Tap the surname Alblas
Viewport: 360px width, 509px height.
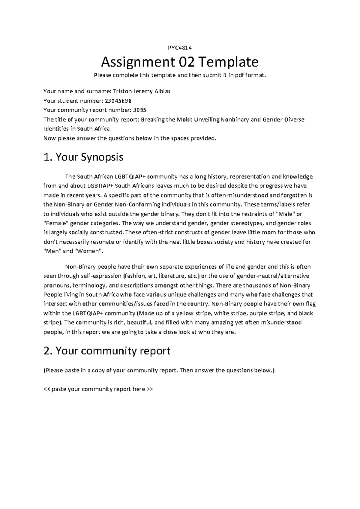[162, 91]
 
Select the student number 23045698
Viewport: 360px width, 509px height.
[118, 101]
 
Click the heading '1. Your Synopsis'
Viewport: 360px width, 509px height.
[83, 157]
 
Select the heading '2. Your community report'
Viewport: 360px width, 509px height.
[107, 351]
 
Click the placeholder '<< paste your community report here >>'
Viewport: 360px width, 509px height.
[98, 389]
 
